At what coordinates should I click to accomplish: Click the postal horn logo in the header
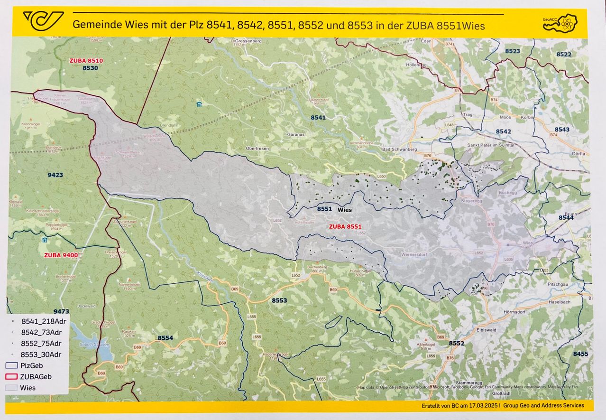(43, 20)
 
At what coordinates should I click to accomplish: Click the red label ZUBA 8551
(345, 226)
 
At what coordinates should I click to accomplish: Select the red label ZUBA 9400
(61, 255)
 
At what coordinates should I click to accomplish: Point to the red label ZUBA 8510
(86, 61)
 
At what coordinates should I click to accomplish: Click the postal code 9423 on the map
(55, 175)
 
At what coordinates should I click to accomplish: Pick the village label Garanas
(296, 134)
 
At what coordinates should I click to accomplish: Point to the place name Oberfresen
(257, 149)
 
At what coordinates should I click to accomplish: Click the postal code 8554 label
(165, 337)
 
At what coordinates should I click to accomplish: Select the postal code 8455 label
(580, 354)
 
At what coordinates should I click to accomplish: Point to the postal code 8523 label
(512, 51)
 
